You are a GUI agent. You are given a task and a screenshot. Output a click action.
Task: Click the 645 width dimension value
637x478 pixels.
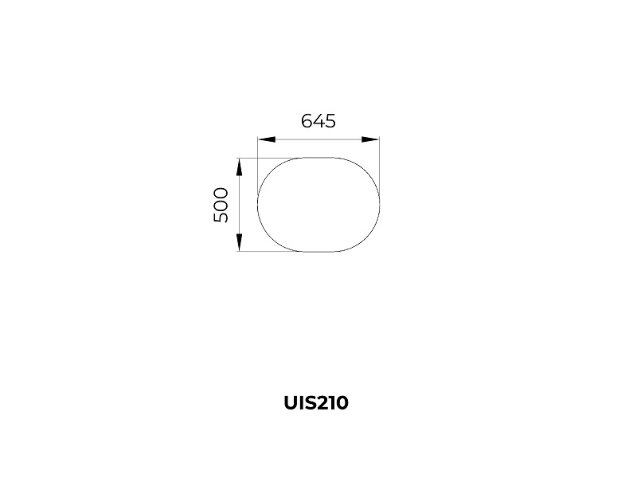(x=318, y=121)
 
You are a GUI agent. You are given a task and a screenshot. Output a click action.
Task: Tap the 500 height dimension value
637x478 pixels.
(x=221, y=205)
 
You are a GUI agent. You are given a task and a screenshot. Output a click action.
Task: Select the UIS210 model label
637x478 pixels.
(x=316, y=403)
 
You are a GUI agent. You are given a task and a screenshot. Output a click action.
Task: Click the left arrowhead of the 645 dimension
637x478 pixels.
(x=267, y=139)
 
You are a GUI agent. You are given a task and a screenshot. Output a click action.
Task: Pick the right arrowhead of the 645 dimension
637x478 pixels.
(x=370, y=139)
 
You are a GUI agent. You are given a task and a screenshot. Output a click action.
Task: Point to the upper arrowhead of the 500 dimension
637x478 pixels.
(x=240, y=167)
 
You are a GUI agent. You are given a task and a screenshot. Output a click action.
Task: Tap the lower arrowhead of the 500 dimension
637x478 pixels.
(x=240, y=243)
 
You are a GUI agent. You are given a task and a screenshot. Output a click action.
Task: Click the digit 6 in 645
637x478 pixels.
(x=307, y=121)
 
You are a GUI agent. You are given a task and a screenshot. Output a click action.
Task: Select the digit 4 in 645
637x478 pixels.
(x=318, y=121)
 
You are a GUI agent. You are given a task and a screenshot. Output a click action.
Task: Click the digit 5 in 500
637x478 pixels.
(x=221, y=217)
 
